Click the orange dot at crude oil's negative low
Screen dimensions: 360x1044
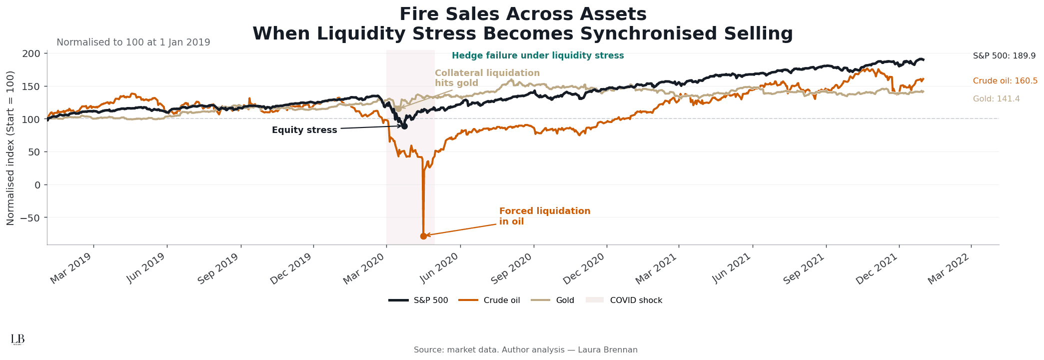pos(423,236)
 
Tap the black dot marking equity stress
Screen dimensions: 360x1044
pos(404,126)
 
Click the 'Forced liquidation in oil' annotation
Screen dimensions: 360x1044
pos(544,216)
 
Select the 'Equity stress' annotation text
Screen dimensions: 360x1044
pos(304,130)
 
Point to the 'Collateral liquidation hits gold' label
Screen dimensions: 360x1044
pos(487,78)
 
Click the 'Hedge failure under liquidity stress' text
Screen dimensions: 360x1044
pos(538,56)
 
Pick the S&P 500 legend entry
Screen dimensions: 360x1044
pos(419,300)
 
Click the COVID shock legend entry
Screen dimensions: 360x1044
pos(625,300)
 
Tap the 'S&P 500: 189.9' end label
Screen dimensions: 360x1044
pos(1004,56)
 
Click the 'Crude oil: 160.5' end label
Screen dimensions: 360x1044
pos(1005,81)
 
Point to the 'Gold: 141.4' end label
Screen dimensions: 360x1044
pos(996,99)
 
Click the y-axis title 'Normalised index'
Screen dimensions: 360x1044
pos(10,148)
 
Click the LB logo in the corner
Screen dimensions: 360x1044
pos(17,339)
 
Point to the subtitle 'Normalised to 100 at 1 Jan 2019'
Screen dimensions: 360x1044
pos(133,42)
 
